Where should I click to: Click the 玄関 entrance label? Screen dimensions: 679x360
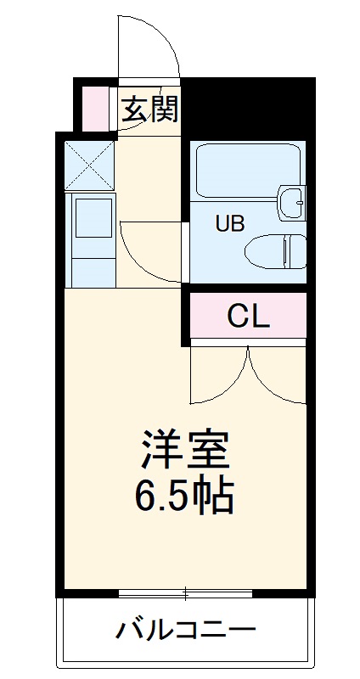point(149,109)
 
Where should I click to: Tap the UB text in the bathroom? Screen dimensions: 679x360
point(229,224)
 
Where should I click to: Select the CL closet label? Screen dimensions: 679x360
point(248,316)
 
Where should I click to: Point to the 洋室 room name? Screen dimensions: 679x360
point(186,450)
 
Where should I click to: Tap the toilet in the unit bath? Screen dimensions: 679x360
point(275,251)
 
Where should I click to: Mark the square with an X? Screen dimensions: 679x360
point(90,165)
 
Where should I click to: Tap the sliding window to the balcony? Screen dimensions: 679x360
point(186,592)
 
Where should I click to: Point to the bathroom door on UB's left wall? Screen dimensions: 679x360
point(185,251)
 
